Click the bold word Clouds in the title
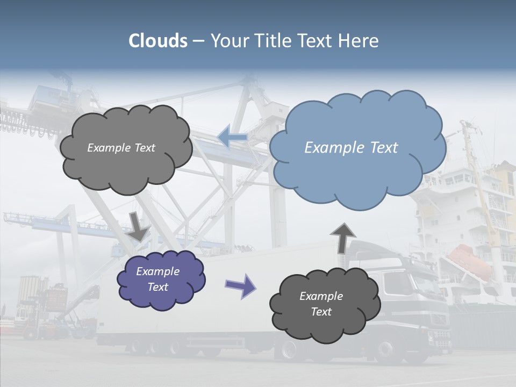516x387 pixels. point(158,41)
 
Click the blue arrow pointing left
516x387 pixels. point(233,138)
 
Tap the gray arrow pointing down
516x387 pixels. point(139,226)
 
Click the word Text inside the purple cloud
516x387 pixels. point(158,287)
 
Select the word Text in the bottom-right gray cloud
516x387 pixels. point(321,312)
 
